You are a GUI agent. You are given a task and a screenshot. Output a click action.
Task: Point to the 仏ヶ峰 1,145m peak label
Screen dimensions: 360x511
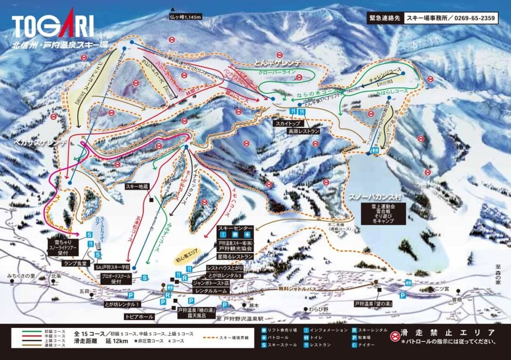(185, 17)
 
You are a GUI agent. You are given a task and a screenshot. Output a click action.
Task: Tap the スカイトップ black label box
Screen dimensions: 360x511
(287, 124)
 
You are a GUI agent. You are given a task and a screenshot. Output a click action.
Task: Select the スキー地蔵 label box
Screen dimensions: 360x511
(137, 186)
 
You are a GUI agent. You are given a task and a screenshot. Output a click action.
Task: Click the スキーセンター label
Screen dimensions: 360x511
(235, 228)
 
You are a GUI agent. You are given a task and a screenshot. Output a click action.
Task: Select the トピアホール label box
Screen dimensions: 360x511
(139, 316)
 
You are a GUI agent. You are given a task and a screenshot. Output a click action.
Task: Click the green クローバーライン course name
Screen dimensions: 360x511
(277, 72)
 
